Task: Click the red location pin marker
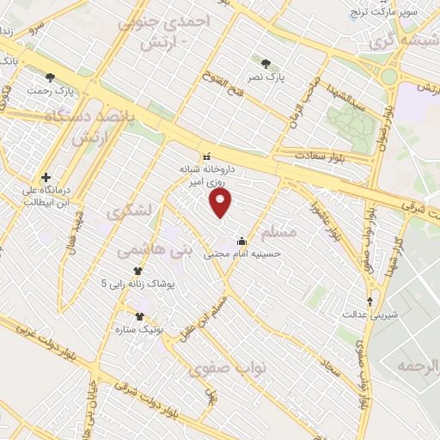(x=222, y=203)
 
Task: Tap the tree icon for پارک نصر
(x=266, y=64)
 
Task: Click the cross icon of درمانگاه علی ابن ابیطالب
(x=46, y=178)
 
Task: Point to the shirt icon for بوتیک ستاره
(x=139, y=316)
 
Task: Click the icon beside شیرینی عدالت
(x=370, y=301)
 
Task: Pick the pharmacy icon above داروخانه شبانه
(x=206, y=156)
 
